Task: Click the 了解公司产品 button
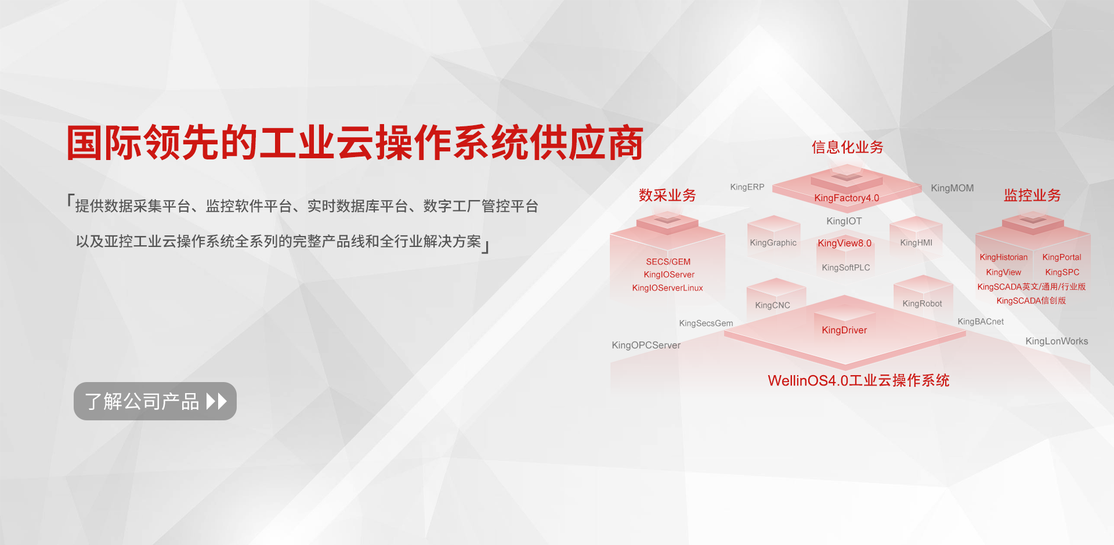click(155, 401)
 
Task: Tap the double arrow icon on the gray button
click(216, 401)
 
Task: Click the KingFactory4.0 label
click(847, 198)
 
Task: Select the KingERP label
click(747, 187)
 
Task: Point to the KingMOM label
click(952, 188)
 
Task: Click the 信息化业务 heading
click(847, 147)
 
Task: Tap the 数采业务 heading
click(667, 195)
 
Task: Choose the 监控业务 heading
click(1032, 195)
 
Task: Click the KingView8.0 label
click(844, 244)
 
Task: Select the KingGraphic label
click(773, 243)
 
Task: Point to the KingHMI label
click(916, 243)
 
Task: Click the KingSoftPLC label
click(846, 268)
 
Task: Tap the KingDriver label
click(844, 330)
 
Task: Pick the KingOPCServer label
click(646, 346)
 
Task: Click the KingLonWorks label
click(1057, 341)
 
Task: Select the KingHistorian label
click(1003, 257)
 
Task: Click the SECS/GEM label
click(668, 262)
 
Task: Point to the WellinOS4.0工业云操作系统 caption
click(859, 380)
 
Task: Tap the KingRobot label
click(922, 304)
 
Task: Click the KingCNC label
click(772, 306)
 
